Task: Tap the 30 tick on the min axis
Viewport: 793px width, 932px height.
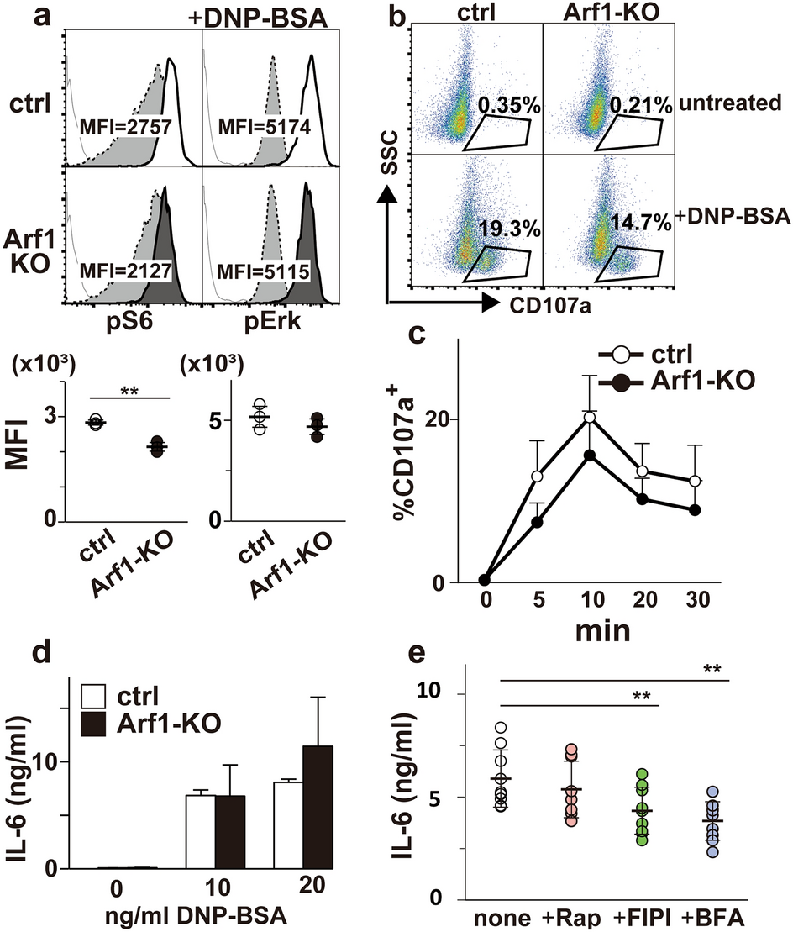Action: (x=696, y=602)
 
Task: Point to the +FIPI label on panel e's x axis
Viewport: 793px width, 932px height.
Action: (x=641, y=919)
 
